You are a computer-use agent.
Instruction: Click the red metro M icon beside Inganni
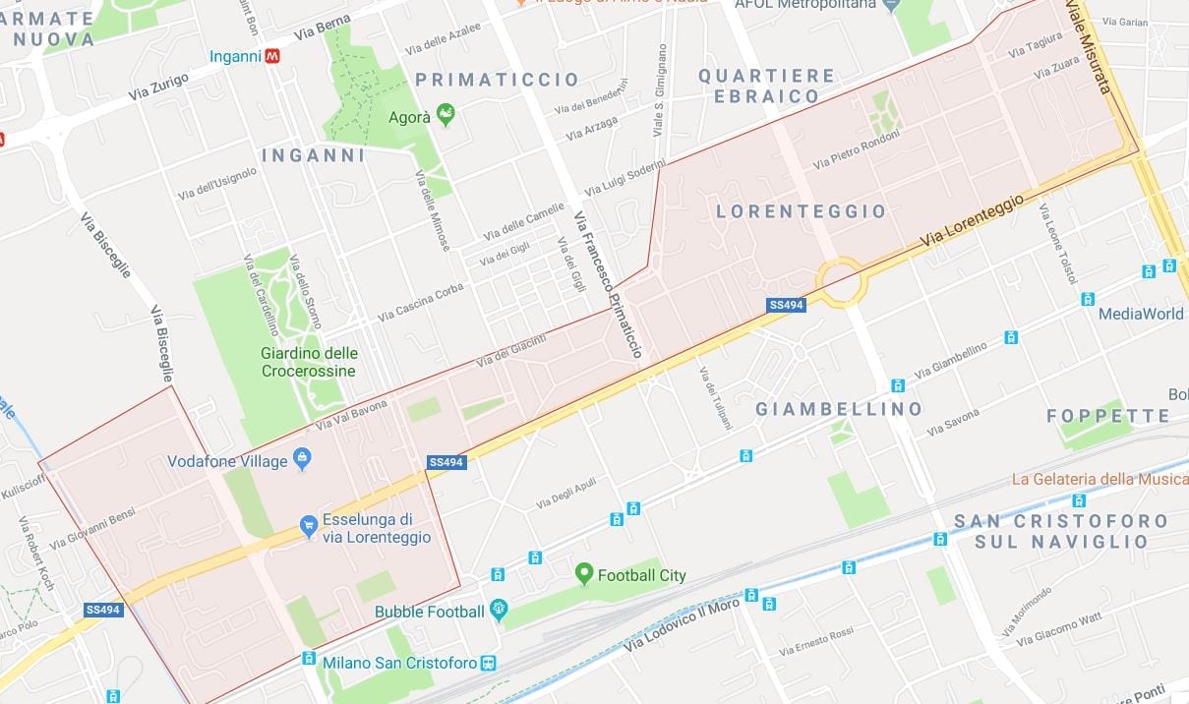coord(272,56)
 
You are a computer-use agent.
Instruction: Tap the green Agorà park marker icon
coord(446,116)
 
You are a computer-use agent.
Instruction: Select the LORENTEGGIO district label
coord(801,211)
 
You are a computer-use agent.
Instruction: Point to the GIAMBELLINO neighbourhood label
coord(839,408)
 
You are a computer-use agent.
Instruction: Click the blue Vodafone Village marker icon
coord(302,459)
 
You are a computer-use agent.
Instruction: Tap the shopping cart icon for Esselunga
coord(309,526)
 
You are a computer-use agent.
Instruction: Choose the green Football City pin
coord(584,573)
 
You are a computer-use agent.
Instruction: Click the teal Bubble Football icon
coord(499,611)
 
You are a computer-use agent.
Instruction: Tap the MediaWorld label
coord(1141,314)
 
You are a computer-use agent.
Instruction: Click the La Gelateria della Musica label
coord(1100,479)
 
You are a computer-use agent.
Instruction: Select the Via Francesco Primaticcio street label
coord(609,285)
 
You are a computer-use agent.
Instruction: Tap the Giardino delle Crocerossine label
coord(309,362)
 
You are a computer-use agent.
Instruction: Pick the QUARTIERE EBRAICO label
coord(767,86)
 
